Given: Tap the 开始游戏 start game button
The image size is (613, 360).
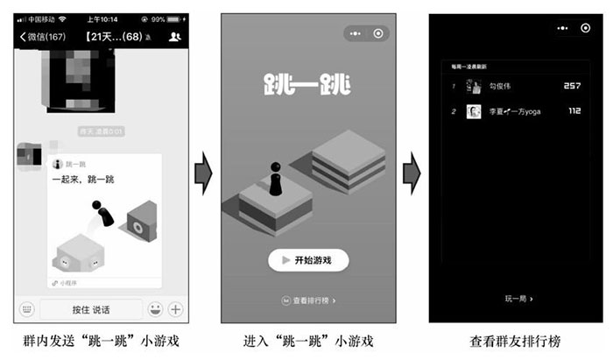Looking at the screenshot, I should (308, 260).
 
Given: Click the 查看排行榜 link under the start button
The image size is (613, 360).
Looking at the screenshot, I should (308, 300).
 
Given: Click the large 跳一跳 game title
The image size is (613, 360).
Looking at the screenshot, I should (306, 86).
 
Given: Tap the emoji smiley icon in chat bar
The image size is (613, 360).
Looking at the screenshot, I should (154, 309).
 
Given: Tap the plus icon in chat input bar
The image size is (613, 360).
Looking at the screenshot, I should (175, 309).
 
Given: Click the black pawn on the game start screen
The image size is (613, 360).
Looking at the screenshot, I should (275, 180).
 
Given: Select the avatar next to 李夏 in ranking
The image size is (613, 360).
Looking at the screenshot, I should (474, 111).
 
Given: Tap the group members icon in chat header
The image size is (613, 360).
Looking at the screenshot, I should (174, 36).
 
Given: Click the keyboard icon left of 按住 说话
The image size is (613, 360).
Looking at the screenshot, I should (26, 309).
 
